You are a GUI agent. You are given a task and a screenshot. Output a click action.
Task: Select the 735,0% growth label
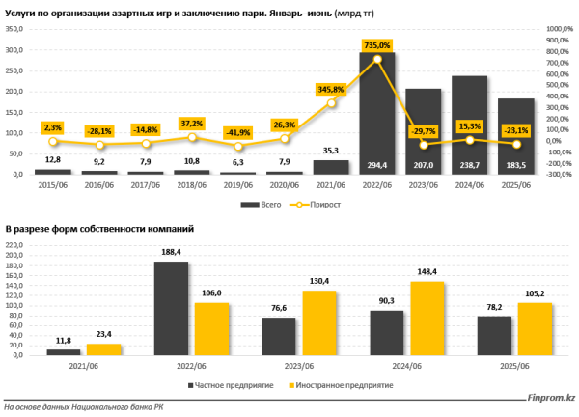377,45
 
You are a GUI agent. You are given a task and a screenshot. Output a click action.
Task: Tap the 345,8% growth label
331,90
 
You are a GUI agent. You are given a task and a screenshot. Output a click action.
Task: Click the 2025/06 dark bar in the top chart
516,135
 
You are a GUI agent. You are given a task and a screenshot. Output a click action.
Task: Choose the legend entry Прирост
321,205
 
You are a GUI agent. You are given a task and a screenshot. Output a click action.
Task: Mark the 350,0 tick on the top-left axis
16,29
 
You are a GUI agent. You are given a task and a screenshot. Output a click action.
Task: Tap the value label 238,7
470,165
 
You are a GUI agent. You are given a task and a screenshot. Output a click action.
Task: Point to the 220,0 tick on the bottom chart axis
16,245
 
